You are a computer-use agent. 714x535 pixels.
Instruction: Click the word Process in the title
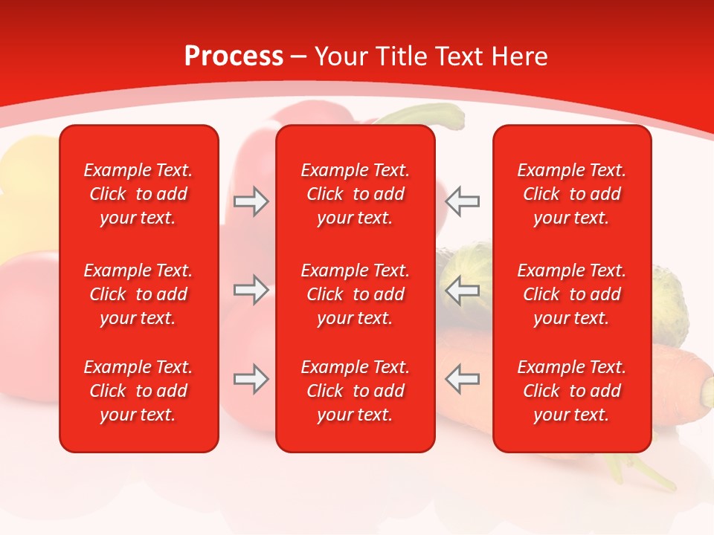234,56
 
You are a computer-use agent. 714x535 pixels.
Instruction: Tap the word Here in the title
518,56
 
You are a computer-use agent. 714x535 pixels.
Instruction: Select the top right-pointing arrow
251,201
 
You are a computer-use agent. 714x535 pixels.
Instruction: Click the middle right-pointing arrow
251,290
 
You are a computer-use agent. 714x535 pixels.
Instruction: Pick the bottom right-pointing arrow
251,379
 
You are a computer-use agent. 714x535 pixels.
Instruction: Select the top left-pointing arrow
463,201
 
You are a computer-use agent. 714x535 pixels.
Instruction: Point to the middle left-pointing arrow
463,290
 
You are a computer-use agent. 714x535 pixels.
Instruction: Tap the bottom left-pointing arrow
463,379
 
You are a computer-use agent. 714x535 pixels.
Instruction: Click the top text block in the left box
138,194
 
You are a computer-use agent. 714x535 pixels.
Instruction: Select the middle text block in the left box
138,294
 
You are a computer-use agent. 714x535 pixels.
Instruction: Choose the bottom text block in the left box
138,391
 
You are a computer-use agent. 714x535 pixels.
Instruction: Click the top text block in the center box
356,194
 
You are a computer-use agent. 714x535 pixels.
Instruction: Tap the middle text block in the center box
356,294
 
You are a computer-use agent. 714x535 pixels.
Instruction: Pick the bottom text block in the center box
356,391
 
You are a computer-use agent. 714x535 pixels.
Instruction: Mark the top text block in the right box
572,194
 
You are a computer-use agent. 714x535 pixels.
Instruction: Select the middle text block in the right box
572,294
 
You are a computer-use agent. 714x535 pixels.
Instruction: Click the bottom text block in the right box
572,391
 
